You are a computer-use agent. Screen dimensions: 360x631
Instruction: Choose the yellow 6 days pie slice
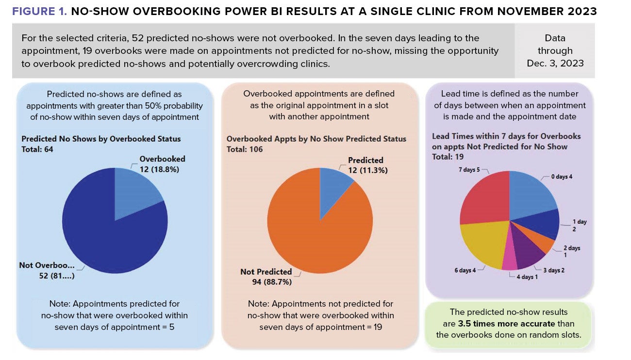pyautogui.click(x=483, y=245)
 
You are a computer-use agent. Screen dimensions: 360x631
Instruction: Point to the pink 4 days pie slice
pyautogui.click(x=510, y=262)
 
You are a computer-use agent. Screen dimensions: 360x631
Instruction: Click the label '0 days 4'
pyautogui.click(x=562, y=177)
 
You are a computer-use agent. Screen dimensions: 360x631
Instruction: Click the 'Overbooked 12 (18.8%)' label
pyautogui.click(x=162, y=163)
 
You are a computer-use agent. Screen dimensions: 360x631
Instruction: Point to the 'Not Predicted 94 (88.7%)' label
pyautogui.click(x=266, y=277)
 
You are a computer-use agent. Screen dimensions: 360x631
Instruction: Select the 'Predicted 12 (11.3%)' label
pyautogui.click(x=367, y=165)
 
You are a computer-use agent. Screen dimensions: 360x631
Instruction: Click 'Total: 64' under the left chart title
pyautogui.click(x=37, y=149)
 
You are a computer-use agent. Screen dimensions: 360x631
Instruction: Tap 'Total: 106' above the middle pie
pyautogui.click(x=245, y=149)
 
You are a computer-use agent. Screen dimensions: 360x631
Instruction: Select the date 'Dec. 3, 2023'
pyautogui.click(x=555, y=63)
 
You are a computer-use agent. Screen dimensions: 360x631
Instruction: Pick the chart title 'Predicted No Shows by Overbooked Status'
pyautogui.click(x=101, y=139)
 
